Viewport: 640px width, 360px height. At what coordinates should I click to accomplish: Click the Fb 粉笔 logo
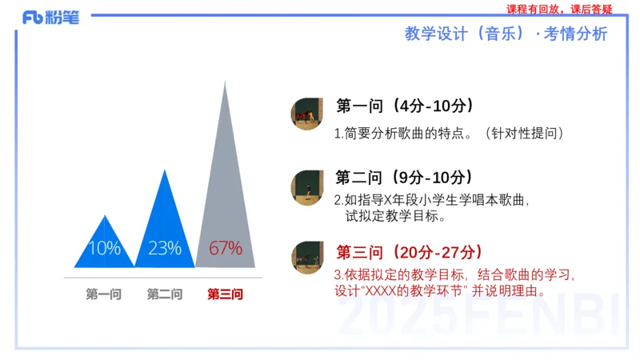tap(50, 18)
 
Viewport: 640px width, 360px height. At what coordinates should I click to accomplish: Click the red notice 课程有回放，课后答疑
tap(559, 10)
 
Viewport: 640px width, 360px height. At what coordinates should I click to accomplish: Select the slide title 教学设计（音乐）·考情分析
tap(506, 34)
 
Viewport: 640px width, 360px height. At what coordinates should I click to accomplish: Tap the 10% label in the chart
tap(104, 248)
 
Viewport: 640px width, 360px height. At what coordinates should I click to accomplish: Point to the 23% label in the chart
tap(165, 248)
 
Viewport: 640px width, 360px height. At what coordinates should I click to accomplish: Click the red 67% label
tap(225, 248)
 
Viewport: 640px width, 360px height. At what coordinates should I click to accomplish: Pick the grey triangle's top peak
tap(225, 82)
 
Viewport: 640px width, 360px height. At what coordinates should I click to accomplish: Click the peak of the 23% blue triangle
tap(165, 170)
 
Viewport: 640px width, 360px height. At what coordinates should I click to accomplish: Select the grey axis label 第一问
tap(104, 294)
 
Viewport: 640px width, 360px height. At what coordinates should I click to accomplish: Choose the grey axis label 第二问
tap(165, 294)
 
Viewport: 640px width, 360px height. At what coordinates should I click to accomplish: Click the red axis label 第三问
tap(225, 294)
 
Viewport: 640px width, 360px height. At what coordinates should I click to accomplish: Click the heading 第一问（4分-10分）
tap(406, 106)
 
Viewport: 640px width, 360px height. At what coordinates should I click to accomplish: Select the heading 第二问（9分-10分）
tap(406, 178)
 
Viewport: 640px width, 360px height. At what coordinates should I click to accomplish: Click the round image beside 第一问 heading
tap(306, 115)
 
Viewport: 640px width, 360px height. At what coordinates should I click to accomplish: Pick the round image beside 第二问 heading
tap(306, 186)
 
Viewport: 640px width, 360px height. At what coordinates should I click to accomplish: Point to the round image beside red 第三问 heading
tap(306, 258)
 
